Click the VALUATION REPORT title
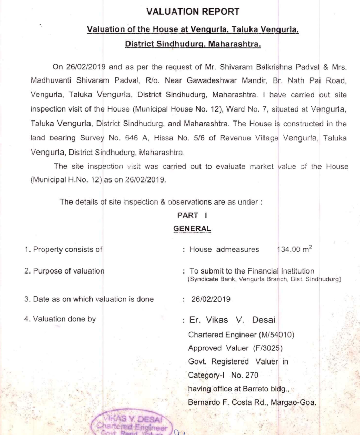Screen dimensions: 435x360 [192, 11]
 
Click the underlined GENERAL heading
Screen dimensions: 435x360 [192, 228]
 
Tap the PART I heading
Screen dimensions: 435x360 [192, 215]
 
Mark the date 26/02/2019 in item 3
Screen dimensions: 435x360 [211, 299]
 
